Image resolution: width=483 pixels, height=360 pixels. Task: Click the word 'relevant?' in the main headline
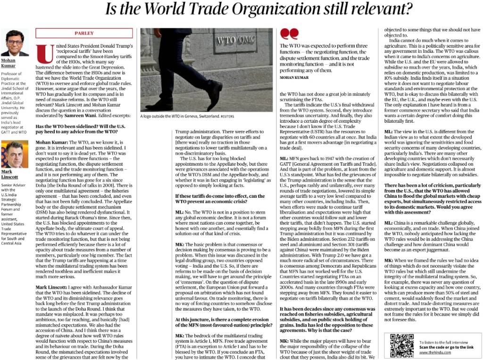coord(375,8)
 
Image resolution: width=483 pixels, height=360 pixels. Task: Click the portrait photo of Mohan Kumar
coord(14,43)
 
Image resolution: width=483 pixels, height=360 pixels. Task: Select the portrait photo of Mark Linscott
coord(14,154)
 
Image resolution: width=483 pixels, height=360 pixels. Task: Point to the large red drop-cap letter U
coord(46,54)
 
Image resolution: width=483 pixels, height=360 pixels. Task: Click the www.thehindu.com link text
coord(433,352)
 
